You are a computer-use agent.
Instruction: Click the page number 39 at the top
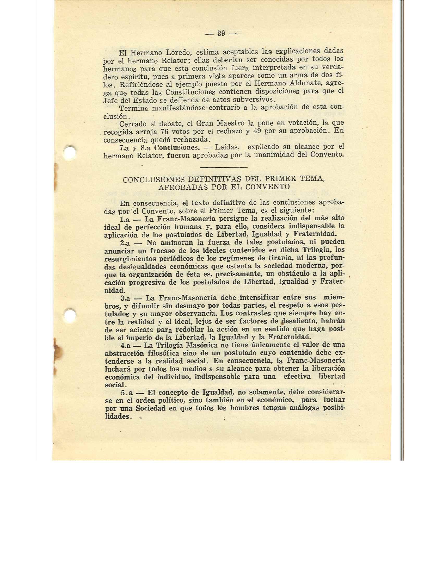(221, 33)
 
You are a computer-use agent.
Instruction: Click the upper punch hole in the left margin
(70, 152)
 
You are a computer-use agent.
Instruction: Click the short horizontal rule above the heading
(224, 167)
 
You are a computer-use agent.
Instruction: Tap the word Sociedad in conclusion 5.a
(151, 408)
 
